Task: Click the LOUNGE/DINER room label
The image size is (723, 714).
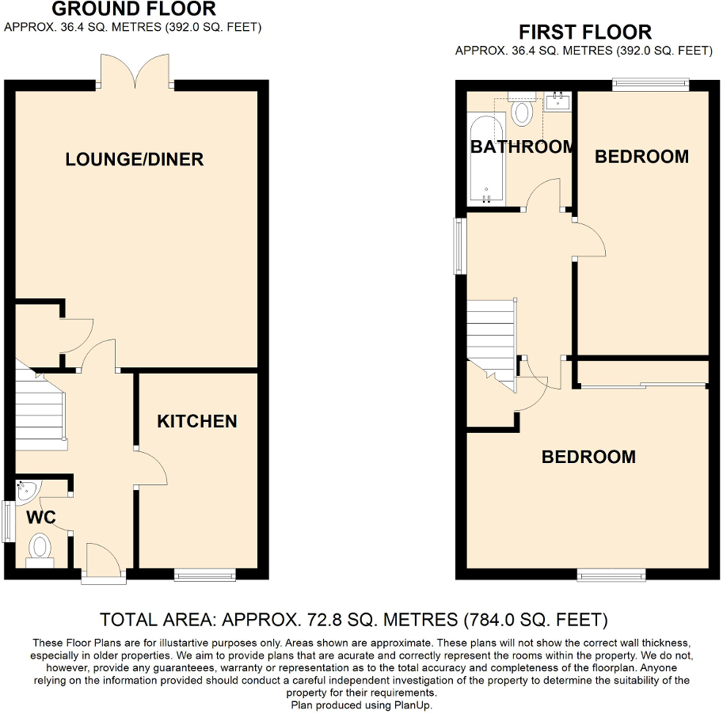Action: tap(134, 159)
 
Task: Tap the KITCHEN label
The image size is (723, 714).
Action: tap(197, 421)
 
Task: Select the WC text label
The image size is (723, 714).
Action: tap(40, 518)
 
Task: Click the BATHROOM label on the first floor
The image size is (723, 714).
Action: tap(522, 146)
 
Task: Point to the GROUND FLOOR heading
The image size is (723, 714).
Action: tap(134, 9)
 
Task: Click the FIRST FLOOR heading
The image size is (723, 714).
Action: tap(584, 32)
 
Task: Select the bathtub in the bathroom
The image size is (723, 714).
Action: tap(486, 158)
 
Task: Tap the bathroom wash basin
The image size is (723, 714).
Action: tap(559, 101)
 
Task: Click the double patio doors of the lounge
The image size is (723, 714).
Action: tap(134, 72)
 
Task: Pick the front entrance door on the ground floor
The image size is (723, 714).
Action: tap(103, 564)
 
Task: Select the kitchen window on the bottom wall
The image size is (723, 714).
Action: tap(204, 575)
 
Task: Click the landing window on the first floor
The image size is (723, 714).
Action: tap(459, 245)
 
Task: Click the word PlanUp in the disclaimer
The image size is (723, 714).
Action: tap(412, 705)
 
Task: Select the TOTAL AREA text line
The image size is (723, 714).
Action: tap(353, 618)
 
